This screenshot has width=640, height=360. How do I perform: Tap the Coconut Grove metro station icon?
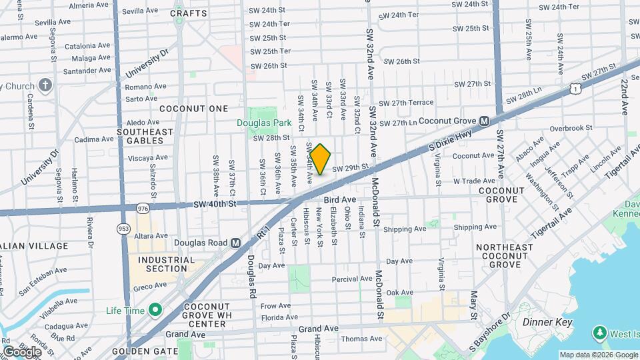485,121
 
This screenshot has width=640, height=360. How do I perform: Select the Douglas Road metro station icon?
235,243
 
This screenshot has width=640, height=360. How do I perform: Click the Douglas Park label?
264,123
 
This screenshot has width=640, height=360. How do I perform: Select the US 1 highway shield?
575,87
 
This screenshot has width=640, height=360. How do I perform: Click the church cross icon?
45,85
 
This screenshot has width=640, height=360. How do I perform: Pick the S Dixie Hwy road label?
450,138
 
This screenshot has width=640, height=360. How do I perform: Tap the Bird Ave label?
339,199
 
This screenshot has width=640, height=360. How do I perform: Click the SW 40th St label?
213,205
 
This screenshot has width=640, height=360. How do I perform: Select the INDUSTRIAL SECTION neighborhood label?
167,264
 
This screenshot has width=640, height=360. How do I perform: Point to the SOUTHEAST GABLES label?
145,136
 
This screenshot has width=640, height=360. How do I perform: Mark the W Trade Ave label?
474,181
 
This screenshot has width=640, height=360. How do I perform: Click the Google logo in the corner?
21,351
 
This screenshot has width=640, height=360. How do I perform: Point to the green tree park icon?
600,332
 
